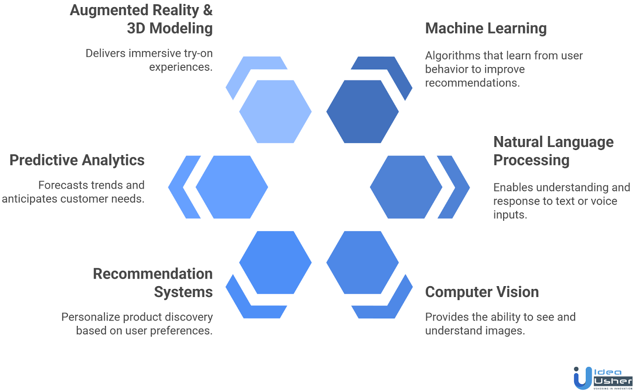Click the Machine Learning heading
(x=486, y=29)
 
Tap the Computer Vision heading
(x=482, y=292)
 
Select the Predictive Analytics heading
(x=77, y=160)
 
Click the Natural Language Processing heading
(x=553, y=151)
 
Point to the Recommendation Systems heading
(x=153, y=283)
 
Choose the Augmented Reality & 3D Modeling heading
(x=141, y=19)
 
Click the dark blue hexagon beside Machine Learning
(x=362, y=112)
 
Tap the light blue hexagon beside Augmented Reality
(x=275, y=112)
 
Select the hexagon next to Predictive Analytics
(x=232, y=187)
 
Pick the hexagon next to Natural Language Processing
(x=406, y=187)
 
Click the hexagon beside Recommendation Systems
(x=275, y=262)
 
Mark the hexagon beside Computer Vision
(x=362, y=262)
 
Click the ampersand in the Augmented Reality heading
(x=208, y=10)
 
